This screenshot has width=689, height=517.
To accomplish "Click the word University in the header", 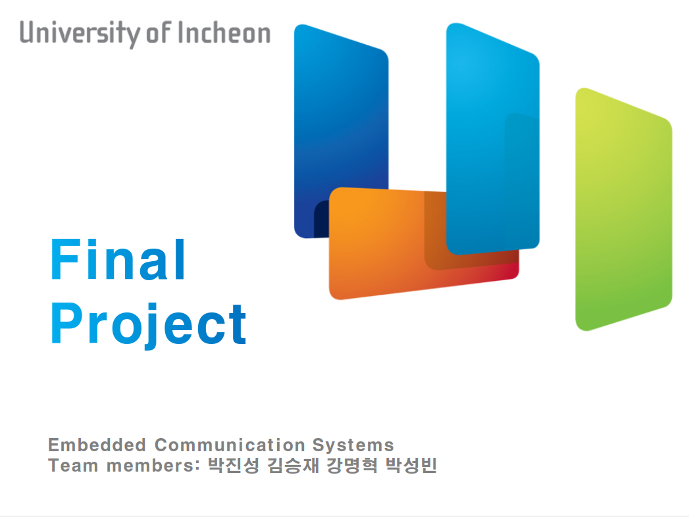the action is coord(79,34).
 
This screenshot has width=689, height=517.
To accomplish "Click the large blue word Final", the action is coord(118,259).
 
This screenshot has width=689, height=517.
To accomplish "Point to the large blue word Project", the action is coord(149,325).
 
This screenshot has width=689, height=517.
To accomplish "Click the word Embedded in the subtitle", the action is coord(97,445).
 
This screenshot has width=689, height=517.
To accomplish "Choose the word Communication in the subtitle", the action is coord(230,445).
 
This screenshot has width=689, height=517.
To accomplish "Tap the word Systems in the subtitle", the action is coord(353,445).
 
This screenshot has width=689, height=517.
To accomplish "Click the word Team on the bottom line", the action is coord(73,466).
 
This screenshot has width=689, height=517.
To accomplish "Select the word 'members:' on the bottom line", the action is coord(153,466).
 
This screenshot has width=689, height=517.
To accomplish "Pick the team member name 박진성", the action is coord(234,466).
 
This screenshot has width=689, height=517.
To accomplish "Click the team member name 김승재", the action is coord(293,466).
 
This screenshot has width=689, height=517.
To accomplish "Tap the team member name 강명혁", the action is coord(352,466).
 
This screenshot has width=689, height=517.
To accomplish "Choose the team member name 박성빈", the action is coord(411,466).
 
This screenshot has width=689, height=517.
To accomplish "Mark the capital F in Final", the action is coord(66,259).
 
